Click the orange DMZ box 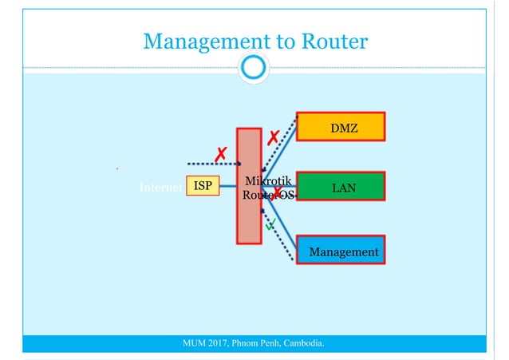tap(340, 126)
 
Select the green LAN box tap(340, 186)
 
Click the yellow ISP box tap(203, 186)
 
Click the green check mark tap(270, 225)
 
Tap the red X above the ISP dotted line tap(220, 154)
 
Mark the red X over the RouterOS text tap(278, 192)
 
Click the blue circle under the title tap(253, 68)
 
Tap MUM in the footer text tap(195, 344)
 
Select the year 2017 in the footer tap(219, 344)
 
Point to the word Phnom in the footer tap(247, 344)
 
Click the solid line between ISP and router tap(228, 186)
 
